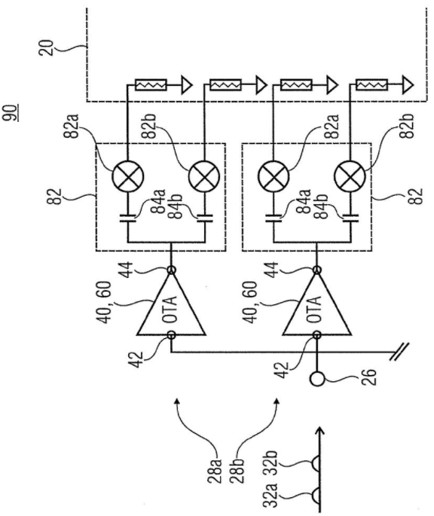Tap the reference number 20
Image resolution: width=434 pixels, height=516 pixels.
pyautogui.click(x=45, y=47)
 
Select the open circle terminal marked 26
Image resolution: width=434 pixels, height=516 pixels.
pyautogui.click(x=317, y=379)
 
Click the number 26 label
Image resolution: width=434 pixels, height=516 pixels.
pyautogui.click(x=368, y=377)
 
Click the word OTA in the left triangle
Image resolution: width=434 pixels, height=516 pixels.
pyautogui.click(x=170, y=309)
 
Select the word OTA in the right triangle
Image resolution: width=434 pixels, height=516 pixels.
pyautogui.click(x=315, y=309)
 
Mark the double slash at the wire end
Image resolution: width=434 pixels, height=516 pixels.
pyautogui.click(x=399, y=352)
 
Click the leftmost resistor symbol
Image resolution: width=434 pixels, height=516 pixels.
pyautogui.click(x=151, y=85)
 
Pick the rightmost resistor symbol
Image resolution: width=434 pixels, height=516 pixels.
pyautogui.click(x=372, y=85)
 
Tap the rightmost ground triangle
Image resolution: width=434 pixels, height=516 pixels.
pyautogui.click(x=407, y=85)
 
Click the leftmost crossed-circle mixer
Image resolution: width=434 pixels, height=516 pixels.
pyautogui.click(x=128, y=176)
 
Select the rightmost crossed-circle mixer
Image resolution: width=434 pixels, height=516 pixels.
pyautogui.click(x=350, y=176)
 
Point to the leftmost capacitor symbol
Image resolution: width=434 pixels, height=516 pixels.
pyautogui.click(x=128, y=218)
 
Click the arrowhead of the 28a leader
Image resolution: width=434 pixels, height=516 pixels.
pyautogui.click(x=177, y=402)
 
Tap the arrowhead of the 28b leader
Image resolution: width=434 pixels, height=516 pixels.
pyautogui.click(x=276, y=402)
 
